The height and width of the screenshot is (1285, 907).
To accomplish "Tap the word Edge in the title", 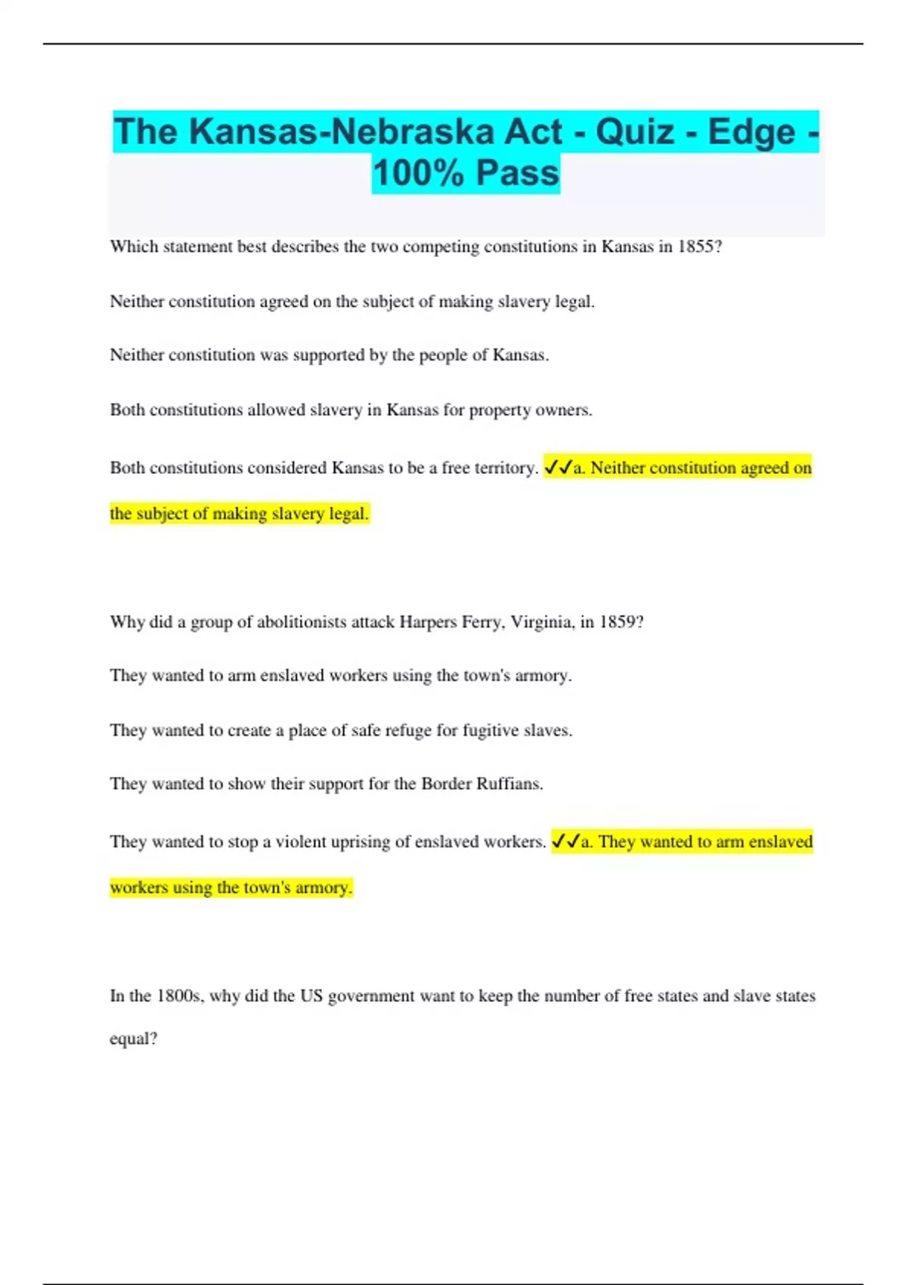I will point(751,132).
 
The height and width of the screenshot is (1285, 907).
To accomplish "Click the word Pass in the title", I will point(518,173).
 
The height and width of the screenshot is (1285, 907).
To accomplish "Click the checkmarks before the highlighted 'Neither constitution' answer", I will point(558,468).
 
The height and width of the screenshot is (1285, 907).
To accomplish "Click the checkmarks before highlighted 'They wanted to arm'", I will point(565,841).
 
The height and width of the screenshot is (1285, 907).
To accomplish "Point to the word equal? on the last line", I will point(133,1039).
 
